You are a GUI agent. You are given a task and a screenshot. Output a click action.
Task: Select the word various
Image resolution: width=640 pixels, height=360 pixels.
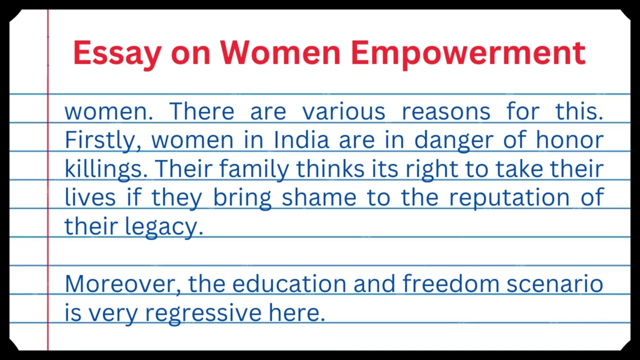(x=343, y=111)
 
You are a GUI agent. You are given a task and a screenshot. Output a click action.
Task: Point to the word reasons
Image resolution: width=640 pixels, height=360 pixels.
(x=446, y=111)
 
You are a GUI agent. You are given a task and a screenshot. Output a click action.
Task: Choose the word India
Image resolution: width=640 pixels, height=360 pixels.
(x=301, y=140)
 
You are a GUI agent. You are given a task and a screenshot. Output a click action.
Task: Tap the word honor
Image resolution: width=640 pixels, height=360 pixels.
(x=569, y=140)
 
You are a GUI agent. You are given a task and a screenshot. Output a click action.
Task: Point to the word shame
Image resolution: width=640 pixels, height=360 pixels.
(x=319, y=197)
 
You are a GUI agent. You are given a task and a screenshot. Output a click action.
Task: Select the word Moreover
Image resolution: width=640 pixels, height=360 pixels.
(x=123, y=284)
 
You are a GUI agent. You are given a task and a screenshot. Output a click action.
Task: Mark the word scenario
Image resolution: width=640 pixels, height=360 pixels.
(x=554, y=284)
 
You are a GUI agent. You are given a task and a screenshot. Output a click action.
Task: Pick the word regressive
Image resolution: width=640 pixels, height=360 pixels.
(x=203, y=313)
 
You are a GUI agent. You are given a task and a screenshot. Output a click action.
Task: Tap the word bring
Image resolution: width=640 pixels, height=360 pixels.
(x=242, y=198)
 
